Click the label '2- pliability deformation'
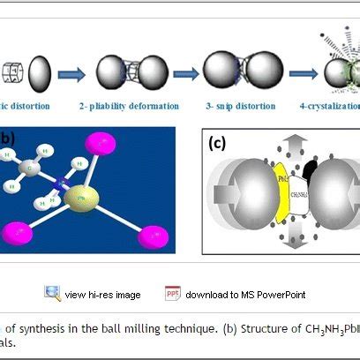click(x=137, y=107)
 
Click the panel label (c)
click(x=219, y=143)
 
